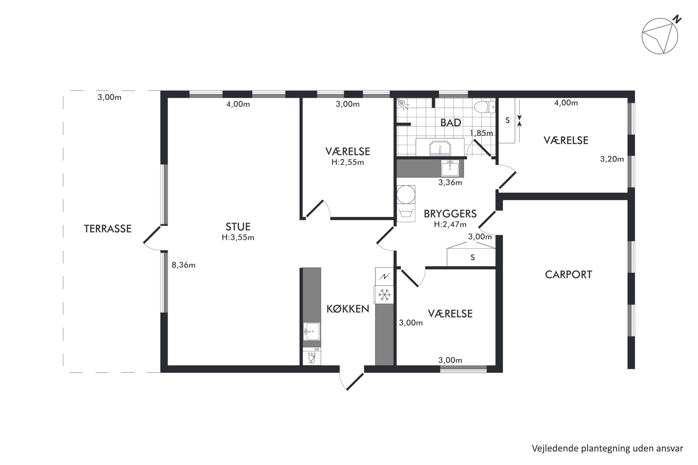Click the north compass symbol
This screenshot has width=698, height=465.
(660, 36)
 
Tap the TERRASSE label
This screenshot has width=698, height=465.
(108, 229)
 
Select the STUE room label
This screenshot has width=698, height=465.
(238, 226)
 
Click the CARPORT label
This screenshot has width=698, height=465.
(569, 275)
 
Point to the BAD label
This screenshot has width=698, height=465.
(451, 123)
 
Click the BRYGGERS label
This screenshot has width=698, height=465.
(450, 214)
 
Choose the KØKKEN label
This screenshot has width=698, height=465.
(348, 309)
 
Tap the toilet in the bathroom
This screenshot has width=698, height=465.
(484, 106)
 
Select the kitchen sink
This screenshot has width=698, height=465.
(312, 331)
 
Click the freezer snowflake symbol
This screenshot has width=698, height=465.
(384, 294)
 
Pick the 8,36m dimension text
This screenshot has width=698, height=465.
(183, 265)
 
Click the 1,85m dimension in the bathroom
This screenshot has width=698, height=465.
(481, 133)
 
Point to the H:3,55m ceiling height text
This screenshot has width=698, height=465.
(238, 238)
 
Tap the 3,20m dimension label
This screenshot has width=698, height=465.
(612, 159)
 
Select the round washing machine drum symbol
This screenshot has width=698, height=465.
(406, 194)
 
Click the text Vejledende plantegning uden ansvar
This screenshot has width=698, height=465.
(608, 448)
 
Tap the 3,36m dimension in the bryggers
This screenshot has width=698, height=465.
(450, 182)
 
